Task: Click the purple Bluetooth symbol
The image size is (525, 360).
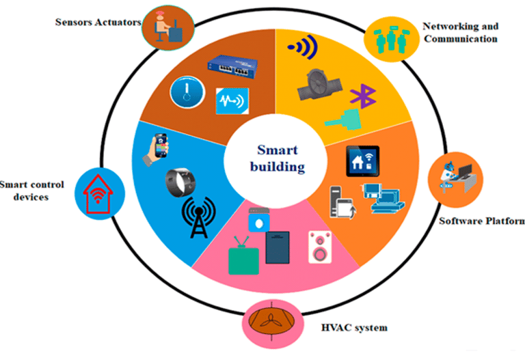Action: [x=363, y=96]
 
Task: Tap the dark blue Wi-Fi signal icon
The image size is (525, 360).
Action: [x=304, y=47]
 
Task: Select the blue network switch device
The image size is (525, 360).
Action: [x=232, y=66]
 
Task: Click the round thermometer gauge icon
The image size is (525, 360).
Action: [x=187, y=92]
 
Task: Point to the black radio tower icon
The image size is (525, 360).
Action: [x=199, y=217]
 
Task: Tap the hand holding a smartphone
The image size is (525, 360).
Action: [x=157, y=149]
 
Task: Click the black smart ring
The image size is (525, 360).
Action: [x=180, y=182]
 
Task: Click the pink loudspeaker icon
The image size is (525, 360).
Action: [x=320, y=247]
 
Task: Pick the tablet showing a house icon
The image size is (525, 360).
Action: [x=362, y=161]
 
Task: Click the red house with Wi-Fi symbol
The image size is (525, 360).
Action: [x=98, y=194]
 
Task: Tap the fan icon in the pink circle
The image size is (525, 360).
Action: [x=271, y=322]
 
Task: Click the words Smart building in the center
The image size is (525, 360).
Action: [x=278, y=158]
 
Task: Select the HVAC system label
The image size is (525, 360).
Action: [x=354, y=327]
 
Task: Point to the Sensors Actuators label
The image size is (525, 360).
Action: [x=98, y=23]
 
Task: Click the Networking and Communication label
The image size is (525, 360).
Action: [x=461, y=33]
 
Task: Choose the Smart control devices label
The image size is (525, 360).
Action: [x=31, y=191]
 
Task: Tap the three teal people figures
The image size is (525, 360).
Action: [x=392, y=39]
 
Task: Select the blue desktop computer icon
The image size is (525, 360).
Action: [x=383, y=198]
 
